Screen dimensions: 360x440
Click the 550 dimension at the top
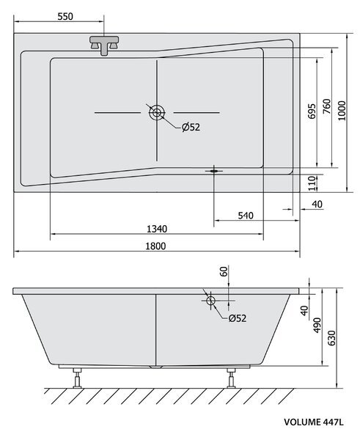[x=65, y=16]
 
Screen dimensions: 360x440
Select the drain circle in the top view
[x=157, y=113]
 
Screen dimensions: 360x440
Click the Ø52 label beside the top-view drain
[x=191, y=127]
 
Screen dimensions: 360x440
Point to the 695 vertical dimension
[x=312, y=111]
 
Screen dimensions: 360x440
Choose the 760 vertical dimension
[x=326, y=106]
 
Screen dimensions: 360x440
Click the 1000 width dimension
[x=342, y=111]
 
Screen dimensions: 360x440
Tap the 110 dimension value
[x=312, y=183]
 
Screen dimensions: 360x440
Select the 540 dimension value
[x=246, y=216]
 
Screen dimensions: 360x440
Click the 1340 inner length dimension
[x=157, y=229]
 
